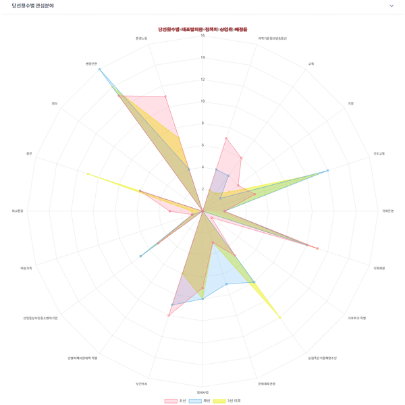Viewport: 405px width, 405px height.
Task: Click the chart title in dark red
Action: point(202,30)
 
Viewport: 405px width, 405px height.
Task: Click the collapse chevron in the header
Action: point(391,6)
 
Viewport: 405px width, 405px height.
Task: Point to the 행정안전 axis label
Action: point(92,63)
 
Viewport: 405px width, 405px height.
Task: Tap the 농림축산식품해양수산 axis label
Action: point(323,358)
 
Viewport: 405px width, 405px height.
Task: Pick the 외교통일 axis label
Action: point(18,211)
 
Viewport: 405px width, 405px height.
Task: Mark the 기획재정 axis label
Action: point(379,268)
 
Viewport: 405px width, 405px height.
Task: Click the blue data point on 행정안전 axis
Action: point(99,70)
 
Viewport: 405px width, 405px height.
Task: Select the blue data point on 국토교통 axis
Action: point(328,171)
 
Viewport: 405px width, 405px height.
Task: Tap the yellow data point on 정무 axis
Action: point(87,174)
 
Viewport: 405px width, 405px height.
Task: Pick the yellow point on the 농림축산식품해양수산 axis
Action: point(279,317)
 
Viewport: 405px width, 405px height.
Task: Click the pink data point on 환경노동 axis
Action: point(166,97)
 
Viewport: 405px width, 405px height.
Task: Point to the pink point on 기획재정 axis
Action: point(317,248)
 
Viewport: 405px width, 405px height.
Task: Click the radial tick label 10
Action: point(202,101)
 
